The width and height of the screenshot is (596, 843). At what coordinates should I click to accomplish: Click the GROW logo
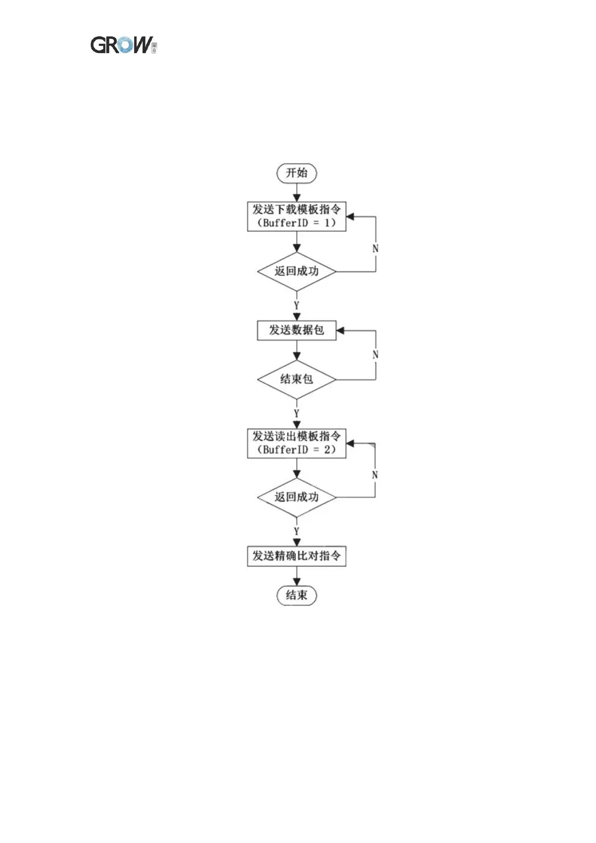123,45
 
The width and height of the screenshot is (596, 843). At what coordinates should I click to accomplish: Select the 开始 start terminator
296,173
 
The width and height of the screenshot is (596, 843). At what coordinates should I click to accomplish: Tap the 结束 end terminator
296,595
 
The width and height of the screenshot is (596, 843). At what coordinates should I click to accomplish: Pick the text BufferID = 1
296,223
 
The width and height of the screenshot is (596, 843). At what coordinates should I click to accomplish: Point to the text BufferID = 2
296,450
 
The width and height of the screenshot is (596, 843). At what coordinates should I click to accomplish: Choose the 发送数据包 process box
296,330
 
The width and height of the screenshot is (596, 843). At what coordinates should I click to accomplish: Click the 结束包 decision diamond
296,379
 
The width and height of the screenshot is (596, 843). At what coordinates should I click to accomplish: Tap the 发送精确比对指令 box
296,556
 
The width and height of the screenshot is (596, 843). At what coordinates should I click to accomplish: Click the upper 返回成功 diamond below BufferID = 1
296,271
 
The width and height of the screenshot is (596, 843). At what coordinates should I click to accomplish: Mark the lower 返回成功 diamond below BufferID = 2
296,497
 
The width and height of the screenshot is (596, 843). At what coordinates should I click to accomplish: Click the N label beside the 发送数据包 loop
375,354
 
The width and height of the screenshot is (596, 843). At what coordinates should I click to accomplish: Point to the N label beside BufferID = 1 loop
375,248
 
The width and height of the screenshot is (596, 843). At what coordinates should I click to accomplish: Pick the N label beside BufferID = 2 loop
375,475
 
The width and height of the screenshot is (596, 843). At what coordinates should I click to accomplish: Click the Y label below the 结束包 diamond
297,413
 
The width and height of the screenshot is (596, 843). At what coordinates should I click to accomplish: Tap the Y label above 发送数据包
297,305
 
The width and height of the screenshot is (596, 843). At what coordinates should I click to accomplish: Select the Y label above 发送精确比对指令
297,531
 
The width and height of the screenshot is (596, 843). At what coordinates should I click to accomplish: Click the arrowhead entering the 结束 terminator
297,582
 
